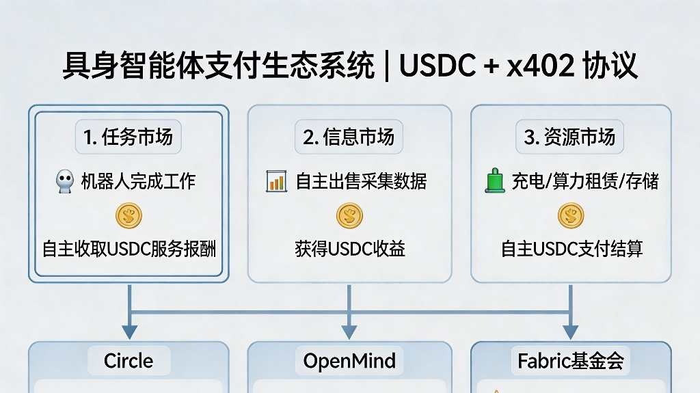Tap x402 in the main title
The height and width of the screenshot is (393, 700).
pyautogui.click(x=535, y=66)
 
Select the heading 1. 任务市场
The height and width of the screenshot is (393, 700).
pyautogui.click(x=129, y=137)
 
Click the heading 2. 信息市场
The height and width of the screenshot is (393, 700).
pyautogui.click(x=349, y=137)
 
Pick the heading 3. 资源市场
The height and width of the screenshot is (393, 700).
pyautogui.click(x=569, y=137)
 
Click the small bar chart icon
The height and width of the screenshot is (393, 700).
pyautogui.click(x=276, y=182)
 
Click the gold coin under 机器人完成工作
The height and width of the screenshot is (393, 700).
pyautogui.click(x=129, y=216)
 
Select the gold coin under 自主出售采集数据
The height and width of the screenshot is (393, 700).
pyautogui.click(x=349, y=216)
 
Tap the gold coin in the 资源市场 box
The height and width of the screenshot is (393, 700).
pyautogui.click(x=571, y=216)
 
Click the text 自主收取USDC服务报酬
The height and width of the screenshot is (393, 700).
pyautogui.click(x=129, y=249)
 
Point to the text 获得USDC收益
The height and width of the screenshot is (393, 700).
pyautogui.click(x=349, y=249)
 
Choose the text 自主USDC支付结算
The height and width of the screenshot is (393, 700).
pyautogui.click(x=571, y=249)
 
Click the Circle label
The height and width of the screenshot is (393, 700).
pyautogui.click(x=129, y=361)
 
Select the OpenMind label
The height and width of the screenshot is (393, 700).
pyautogui.click(x=349, y=361)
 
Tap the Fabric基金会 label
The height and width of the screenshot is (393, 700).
pyautogui.click(x=571, y=361)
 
